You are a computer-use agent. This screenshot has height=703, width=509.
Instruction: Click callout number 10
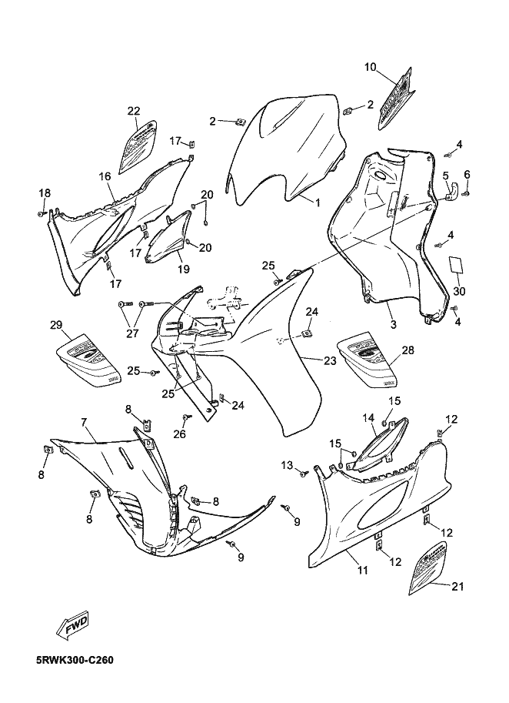tap(371, 68)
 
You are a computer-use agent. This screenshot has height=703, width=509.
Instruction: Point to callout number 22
tap(134, 111)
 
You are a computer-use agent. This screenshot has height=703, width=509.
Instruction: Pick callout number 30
tap(459, 291)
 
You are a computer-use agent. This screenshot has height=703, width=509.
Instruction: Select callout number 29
tap(56, 326)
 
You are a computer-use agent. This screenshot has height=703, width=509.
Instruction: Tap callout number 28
tap(408, 350)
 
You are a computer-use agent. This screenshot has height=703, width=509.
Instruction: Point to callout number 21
tap(457, 587)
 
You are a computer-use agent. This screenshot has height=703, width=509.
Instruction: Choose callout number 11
tap(362, 570)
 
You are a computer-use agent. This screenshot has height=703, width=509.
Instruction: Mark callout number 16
tap(105, 176)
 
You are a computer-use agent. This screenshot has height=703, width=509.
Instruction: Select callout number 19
tap(183, 269)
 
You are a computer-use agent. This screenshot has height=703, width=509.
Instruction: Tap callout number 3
tap(393, 325)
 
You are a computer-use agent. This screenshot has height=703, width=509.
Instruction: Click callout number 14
tap(368, 417)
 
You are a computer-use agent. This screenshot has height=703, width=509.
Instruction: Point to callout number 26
tap(180, 434)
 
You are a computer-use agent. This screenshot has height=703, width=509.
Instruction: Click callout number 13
tap(286, 464)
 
